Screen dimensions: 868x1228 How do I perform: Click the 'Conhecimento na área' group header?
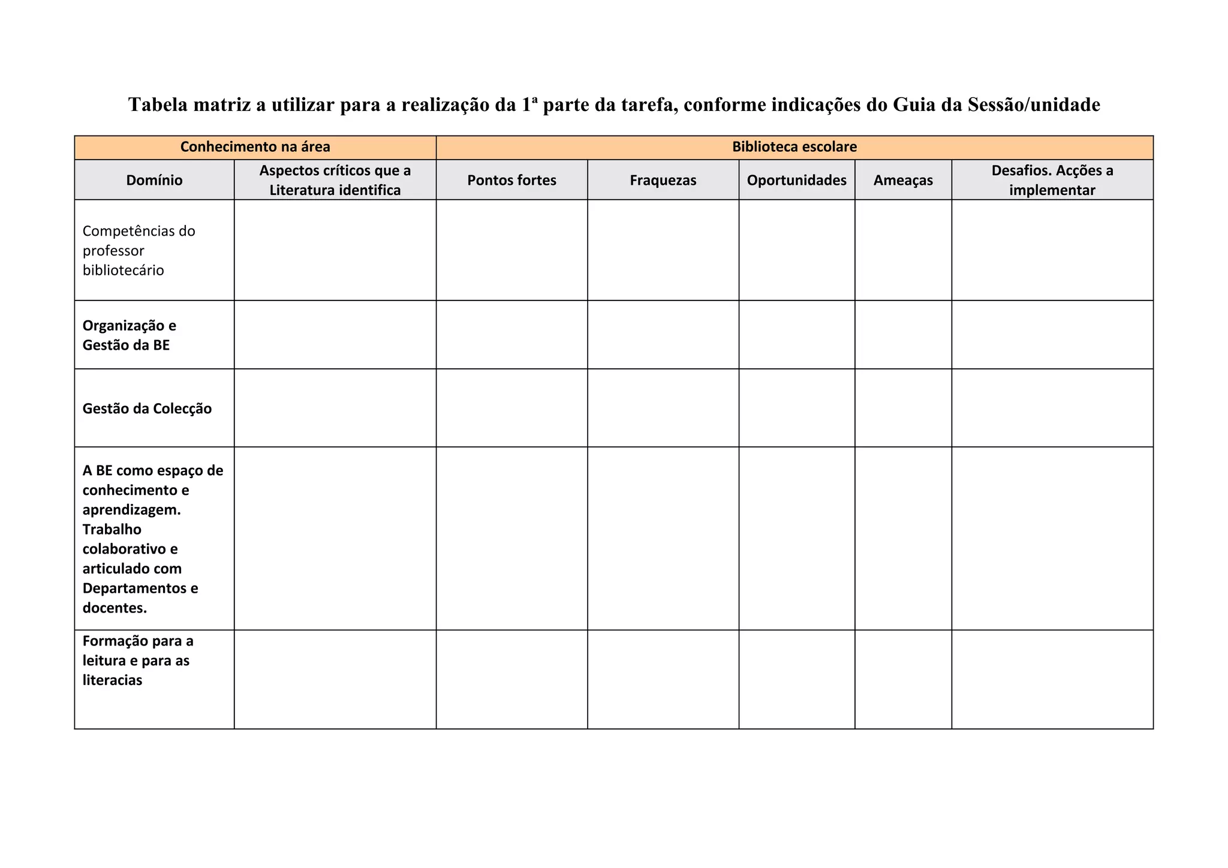[x=255, y=147]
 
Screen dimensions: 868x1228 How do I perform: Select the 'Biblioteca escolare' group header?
[x=794, y=147]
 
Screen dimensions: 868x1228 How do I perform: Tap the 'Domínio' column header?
[x=154, y=180]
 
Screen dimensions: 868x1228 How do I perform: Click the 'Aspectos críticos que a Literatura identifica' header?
[x=335, y=180]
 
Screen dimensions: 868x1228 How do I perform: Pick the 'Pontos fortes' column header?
[x=511, y=180]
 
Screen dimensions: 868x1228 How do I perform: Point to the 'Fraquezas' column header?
[x=663, y=180]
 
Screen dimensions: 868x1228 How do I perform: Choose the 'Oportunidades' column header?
[x=796, y=180]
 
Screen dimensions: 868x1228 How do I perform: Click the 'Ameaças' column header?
[x=902, y=180]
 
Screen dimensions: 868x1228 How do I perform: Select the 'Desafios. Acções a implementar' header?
[x=1052, y=180]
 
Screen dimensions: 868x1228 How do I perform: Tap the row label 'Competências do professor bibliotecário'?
[x=139, y=250]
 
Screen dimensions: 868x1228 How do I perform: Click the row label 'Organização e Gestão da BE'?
[x=130, y=335]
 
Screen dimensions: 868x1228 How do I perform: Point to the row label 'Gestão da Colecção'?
[x=147, y=409]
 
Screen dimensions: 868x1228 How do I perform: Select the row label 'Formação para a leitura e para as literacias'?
[x=137, y=660]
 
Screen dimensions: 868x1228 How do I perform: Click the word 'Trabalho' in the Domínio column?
[x=112, y=529]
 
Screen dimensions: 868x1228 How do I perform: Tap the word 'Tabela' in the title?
[x=157, y=105]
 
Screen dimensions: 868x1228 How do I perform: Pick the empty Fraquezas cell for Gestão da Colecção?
[x=663, y=408]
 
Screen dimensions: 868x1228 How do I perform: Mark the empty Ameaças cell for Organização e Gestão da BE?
[x=902, y=335]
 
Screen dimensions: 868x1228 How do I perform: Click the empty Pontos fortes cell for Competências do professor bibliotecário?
[x=511, y=250]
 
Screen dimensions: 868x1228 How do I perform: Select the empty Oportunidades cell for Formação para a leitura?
[x=796, y=679]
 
